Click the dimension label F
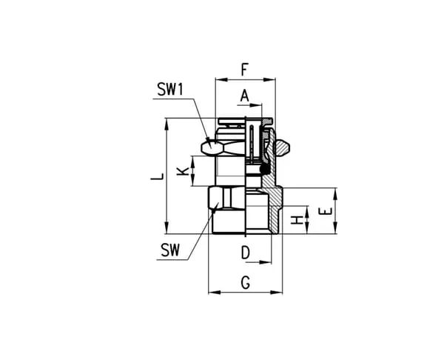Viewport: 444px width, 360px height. [x=245, y=70]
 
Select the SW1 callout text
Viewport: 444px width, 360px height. [x=170, y=89]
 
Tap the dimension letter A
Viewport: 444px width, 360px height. [x=245, y=96]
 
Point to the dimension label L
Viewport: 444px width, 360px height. [x=157, y=176]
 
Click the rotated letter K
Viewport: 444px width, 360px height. [x=183, y=171]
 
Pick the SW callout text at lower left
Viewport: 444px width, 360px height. [x=170, y=250]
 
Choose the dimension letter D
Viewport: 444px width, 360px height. [x=246, y=253]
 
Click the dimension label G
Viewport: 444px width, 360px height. [x=246, y=283]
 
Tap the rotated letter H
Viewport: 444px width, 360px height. [x=297, y=220]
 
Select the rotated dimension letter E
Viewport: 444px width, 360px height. [x=325, y=211]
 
